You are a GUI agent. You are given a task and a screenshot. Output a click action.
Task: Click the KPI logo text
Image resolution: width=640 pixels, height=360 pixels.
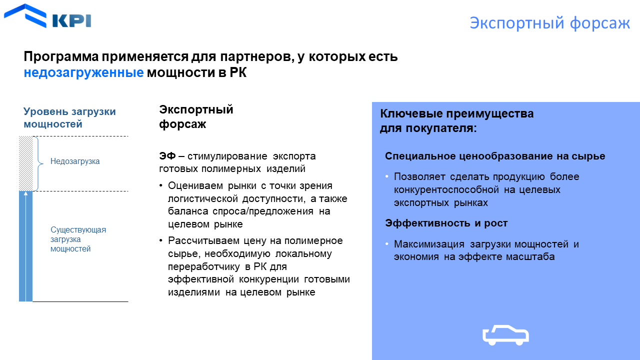(x=71, y=20)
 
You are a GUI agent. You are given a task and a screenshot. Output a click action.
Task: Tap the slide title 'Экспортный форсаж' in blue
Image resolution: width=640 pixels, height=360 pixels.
(x=549, y=23)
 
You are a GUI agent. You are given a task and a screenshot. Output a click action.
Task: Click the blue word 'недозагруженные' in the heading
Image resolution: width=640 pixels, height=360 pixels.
(x=83, y=72)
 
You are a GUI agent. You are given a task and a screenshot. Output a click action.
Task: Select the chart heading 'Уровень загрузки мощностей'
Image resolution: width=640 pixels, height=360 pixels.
(x=69, y=117)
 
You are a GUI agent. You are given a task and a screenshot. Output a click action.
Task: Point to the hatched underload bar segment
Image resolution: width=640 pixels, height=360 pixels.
(x=25, y=163)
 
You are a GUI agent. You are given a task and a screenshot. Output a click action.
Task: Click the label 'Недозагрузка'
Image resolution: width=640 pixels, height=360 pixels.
(x=75, y=161)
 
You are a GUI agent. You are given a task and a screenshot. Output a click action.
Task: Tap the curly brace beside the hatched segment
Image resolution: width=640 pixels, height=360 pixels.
(x=38, y=163)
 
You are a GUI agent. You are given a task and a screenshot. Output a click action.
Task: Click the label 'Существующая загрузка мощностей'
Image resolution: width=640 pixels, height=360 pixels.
(x=78, y=239)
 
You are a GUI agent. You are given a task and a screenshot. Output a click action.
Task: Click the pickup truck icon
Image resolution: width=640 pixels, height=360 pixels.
(x=505, y=335)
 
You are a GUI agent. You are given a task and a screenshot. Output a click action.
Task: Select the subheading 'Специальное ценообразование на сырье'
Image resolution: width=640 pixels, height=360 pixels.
(x=495, y=156)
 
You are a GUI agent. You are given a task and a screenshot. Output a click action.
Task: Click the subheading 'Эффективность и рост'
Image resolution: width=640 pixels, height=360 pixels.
(x=446, y=223)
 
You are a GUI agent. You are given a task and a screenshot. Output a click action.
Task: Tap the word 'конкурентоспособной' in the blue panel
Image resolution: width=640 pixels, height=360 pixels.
(x=446, y=190)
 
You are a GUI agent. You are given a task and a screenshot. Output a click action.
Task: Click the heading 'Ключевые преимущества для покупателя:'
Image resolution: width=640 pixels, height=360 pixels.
(x=456, y=120)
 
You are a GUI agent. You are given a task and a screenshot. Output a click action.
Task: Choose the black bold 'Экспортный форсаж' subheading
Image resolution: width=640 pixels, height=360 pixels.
(x=196, y=117)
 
